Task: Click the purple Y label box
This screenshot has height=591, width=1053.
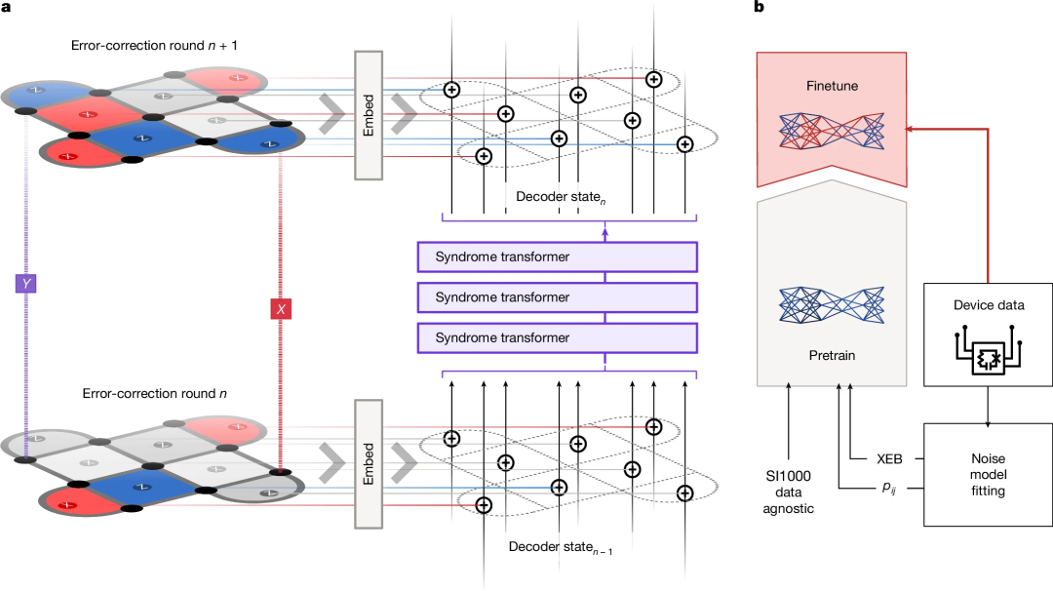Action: (x=26, y=284)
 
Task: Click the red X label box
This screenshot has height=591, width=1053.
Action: (x=281, y=309)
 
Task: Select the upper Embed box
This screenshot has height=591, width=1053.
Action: (x=368, y=114)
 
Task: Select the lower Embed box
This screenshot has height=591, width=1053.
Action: (x=368, y=463)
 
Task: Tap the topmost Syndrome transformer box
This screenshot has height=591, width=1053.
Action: (x=558, y=257)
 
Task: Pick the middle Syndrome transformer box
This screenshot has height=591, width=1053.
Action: (x=558, y=297)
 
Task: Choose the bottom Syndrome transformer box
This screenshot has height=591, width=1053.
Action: (x=558, y=337)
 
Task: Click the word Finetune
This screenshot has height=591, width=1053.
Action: (x=832, y=86)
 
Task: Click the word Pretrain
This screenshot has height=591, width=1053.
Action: (x=832, y=355)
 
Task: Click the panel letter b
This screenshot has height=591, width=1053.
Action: (x=759, y=8)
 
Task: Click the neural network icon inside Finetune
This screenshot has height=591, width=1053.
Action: (x=832, y=132)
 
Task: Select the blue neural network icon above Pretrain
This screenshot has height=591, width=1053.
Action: (x=832, y=305)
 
